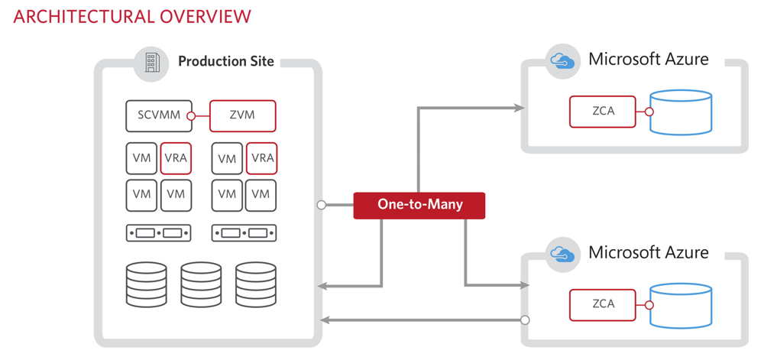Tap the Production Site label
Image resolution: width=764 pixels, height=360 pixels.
click(225, 61)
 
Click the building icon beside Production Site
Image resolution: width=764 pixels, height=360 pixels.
click(151, 62)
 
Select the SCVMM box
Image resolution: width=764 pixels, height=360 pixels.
click(157, 115)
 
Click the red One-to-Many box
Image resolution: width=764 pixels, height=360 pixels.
click(419, 205)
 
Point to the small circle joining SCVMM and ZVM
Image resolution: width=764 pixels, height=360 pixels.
click(193, 116)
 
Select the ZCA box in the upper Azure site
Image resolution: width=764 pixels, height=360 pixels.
click(603, 112)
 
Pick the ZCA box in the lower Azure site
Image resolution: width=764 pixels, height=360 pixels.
click(603, 303)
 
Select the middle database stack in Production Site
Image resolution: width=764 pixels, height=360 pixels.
click(199, 284)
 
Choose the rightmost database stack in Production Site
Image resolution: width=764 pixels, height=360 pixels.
click(255, 284)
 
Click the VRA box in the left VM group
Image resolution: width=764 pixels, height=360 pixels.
click(176, 158)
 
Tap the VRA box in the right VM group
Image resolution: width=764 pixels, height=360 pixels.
click(261, 158)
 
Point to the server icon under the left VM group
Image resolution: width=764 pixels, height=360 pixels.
click(157, 232)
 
